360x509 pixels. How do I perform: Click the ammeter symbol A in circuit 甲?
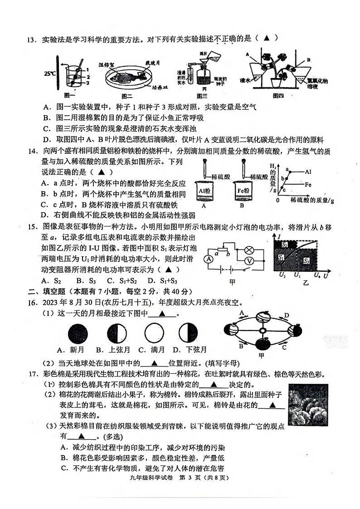[x=208, y=259]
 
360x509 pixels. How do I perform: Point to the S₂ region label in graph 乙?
[x=285, y=245]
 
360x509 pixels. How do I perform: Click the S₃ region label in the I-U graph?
[x=306, y=261]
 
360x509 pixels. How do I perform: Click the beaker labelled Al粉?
[x=205, y=191]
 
